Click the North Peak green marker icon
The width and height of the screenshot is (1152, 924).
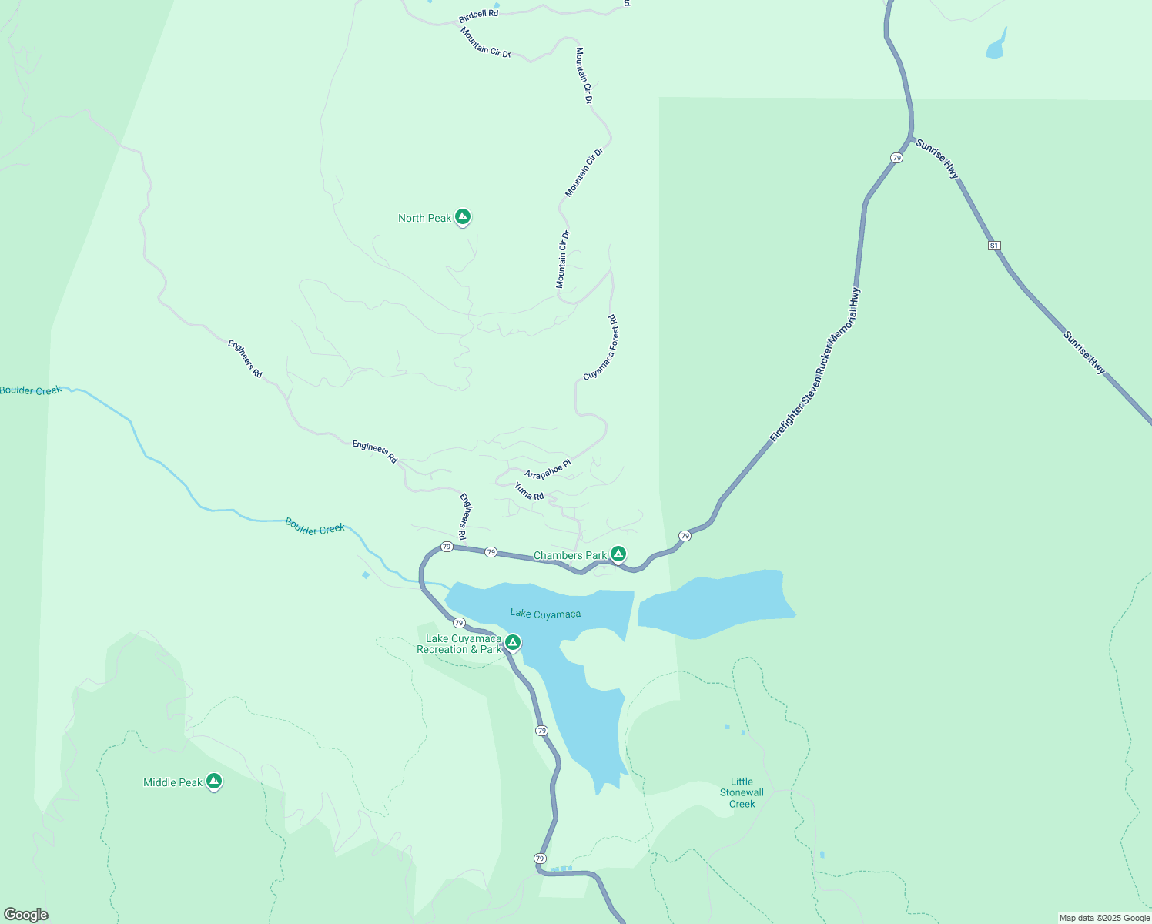pos(463,217)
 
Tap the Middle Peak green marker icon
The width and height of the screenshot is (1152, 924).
pos(214,782)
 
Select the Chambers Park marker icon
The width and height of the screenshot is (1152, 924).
pos(618,554)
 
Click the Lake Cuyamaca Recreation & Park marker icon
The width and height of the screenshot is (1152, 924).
pos(513,642)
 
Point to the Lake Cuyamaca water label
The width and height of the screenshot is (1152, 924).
pos(545,614)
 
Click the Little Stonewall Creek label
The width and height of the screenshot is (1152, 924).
pos(742,792)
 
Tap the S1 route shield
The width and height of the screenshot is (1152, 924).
pos(994,246)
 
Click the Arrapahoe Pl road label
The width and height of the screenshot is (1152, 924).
pos(548,469)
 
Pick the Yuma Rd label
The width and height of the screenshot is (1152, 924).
pos(529,491)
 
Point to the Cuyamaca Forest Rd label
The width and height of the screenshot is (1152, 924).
pos(601,347)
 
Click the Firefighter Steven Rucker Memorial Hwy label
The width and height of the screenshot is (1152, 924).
pos(815,366)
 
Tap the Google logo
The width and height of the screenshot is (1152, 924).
pos(26,915)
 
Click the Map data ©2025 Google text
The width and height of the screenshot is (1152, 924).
pos(1103,918)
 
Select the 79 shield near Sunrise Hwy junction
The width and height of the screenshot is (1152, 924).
pos(896,158)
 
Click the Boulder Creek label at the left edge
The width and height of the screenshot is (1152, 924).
pos(31,390)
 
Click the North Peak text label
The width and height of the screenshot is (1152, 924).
pos(424,218)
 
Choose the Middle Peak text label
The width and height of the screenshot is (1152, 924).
pos(172,782)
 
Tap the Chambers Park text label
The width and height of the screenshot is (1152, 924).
pos(570,555)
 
